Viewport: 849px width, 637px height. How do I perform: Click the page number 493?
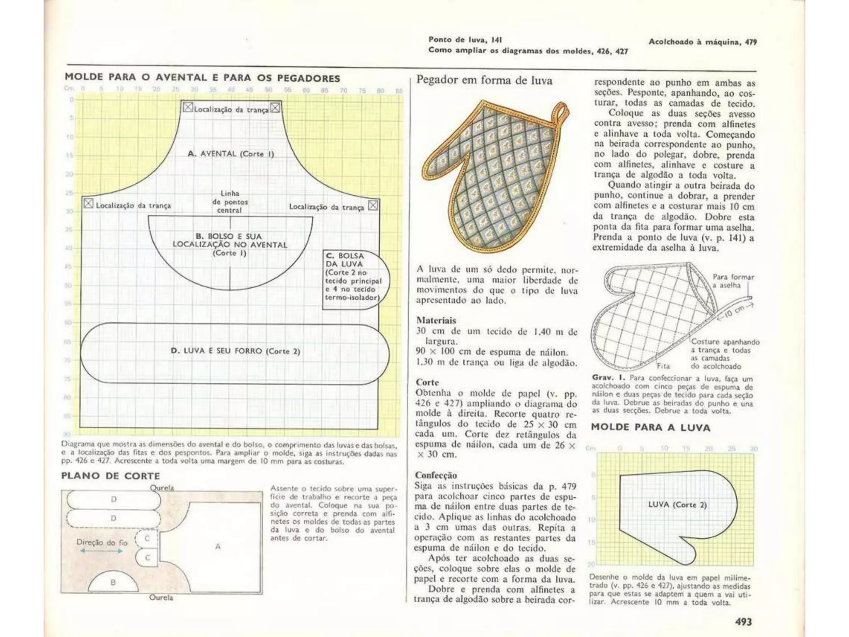click(x=743, y=622)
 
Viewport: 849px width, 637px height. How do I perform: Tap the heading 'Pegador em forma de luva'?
click(x=484, y=80)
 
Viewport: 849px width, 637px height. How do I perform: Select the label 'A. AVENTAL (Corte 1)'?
click(x=231, y=154)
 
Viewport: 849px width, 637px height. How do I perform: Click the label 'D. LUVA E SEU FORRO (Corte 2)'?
click(x=235, y=351)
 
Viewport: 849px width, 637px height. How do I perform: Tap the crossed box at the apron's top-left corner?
click(x=188, y=108)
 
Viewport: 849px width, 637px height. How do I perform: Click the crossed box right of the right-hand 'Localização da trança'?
click(x=373, y=206)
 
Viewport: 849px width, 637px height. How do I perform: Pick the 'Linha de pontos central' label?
click(x=230, y=202)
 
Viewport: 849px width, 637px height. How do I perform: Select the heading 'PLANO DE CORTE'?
click(x=111, y=476)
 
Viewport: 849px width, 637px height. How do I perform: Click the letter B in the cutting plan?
click(x=113, y=582)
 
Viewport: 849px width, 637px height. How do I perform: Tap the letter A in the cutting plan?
click(x=218, y=547)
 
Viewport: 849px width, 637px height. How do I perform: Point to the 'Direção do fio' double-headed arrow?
click(x=102, y=551)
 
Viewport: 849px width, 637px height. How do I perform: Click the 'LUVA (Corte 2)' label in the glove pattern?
click(x=677, y=505)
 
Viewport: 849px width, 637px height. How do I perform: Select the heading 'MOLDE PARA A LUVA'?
click(x=650, y=428)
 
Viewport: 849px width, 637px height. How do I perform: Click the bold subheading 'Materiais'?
click(x=436, y=320)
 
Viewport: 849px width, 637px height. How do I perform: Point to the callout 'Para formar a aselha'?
click(x=733, y=281)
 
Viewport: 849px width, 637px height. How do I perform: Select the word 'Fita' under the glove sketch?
click(x=663, y=366)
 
